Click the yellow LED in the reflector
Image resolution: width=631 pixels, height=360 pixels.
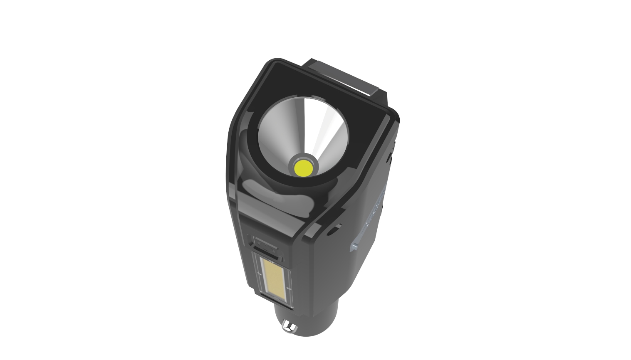303,168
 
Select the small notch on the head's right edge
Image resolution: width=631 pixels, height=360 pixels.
389,158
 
